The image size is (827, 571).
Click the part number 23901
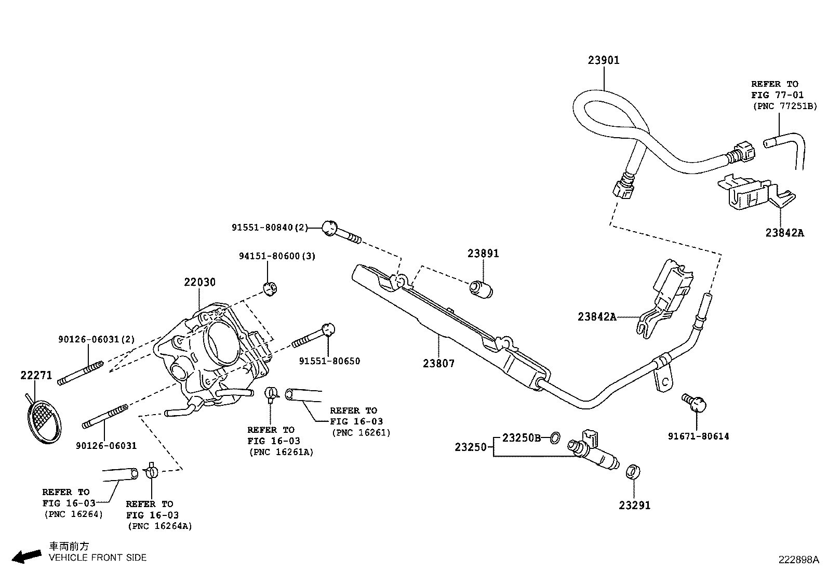[604, 60]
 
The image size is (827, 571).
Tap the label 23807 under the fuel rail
[438, 363]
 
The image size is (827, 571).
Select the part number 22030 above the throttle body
[199, 283]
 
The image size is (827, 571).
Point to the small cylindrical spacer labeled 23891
[481, 289]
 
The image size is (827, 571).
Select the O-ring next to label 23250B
[554, 438]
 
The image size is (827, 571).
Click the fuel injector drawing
[595, 452]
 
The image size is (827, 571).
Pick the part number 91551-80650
[329, 361]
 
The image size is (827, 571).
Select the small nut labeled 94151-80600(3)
[270, 288]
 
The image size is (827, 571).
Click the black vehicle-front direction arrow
[26, 556]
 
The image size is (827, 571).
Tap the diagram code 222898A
[798, 560]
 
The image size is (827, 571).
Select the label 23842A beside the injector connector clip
[597, 316]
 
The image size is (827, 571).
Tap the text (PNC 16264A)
[159, 526]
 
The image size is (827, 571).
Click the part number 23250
[471, 447]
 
